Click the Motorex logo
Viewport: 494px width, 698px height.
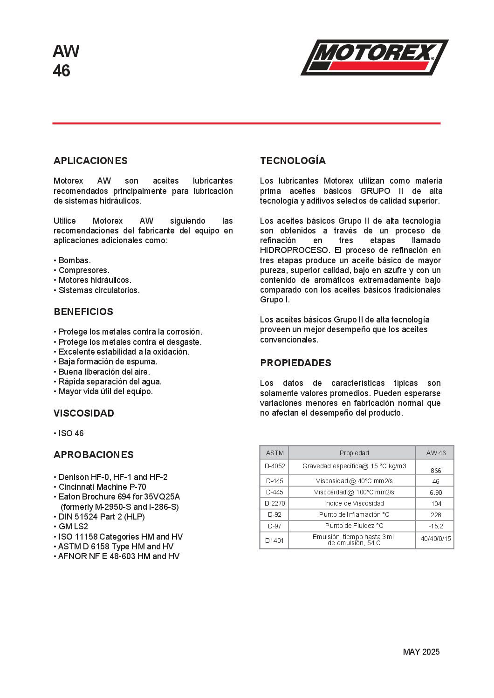pos(374,57)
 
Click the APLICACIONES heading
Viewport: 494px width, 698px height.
pos(90,161)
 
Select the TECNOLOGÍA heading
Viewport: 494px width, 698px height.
pos(293,161)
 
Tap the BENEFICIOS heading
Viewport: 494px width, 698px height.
pos(83,312)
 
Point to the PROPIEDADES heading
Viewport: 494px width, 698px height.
pos(295,363)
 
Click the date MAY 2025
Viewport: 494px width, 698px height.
pos(421,652)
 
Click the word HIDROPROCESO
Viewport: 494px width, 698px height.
pos(294,250)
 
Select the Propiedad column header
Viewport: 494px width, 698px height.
pos(354,453)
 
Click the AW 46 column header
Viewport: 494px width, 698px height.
pos(436,453)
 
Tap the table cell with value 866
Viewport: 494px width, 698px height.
pos(436,471)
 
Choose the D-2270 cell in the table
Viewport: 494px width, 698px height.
pos(274,503)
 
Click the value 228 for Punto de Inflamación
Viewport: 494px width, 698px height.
pos(436,515)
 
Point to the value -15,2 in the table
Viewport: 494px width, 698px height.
pos(436,526)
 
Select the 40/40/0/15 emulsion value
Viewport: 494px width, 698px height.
pos(436,539)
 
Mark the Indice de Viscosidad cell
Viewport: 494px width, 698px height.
pos(354,503)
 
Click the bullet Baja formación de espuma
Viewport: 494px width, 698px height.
pos(108,362)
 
